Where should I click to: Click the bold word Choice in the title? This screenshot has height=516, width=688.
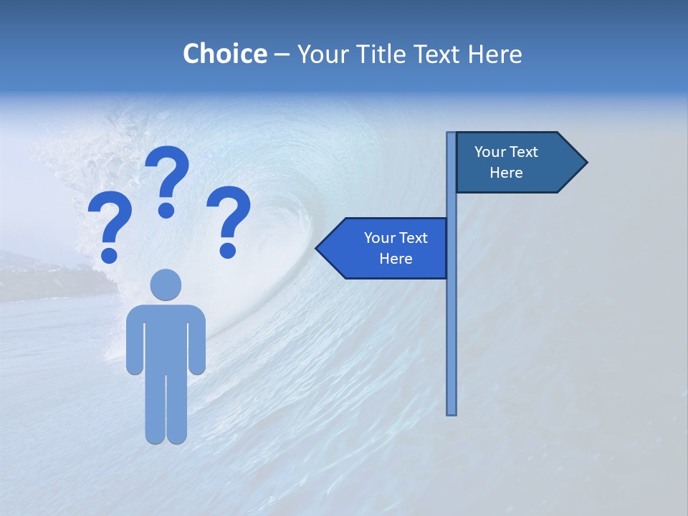click(x=224, y=54)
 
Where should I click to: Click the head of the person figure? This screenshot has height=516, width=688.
click(x=166, y=285)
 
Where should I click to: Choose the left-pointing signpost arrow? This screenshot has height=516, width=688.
click(x=383, y=248)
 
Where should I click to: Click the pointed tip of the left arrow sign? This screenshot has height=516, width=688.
click(x=317, y=248)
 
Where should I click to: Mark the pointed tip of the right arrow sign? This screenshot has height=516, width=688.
click(x=586, y=163)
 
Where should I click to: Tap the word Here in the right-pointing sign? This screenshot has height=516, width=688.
click(x=506, y=173)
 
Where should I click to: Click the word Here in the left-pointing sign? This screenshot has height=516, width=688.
click(x=396, y=259)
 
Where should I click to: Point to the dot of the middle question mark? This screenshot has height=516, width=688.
click(x=166, y=209)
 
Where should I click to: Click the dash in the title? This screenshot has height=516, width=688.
click(x=282, y=54)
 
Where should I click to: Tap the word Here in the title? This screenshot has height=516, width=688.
click(x=494, y=54)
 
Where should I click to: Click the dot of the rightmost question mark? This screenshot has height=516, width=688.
click(x=228, y=250)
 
